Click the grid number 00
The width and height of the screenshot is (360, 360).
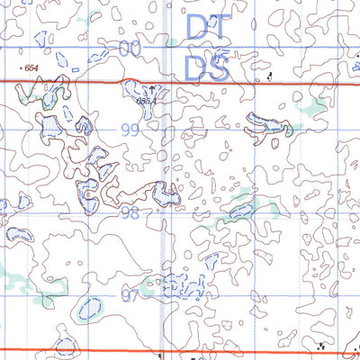point(131,49)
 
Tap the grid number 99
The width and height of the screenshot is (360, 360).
point(131,130)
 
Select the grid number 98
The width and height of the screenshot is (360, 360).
point(131,212)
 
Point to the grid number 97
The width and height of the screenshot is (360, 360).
point(131,295)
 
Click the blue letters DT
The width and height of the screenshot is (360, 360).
point(207,27)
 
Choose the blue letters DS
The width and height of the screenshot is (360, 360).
point(207,66)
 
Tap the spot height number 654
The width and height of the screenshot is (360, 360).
point(32,68)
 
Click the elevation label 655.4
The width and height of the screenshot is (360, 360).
point(147,102)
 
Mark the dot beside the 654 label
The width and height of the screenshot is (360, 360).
point(20,66)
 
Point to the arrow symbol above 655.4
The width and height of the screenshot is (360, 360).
point(152,89)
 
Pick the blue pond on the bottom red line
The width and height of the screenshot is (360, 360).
point(65,346)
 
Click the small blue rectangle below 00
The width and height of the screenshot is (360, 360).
point(76,69)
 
